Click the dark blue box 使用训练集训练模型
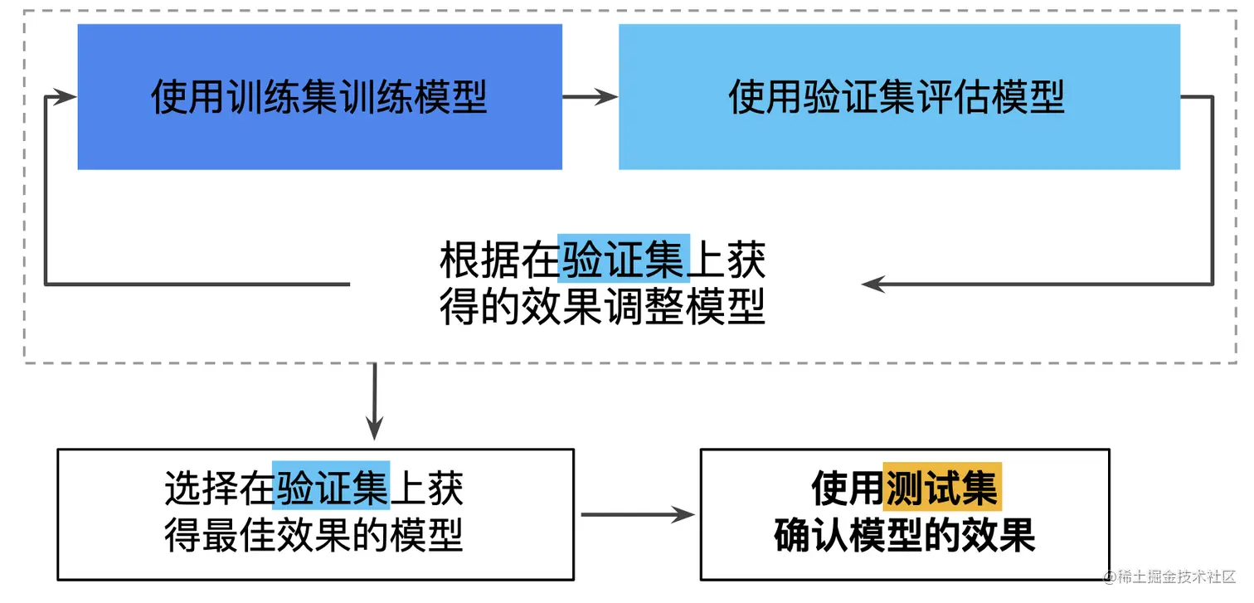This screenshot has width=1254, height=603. tap(319, 96)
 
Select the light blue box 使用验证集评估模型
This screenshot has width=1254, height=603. tap(899, 96)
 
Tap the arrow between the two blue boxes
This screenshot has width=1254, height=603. tap(590, 96)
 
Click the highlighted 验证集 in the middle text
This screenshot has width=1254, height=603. tap(624, 258)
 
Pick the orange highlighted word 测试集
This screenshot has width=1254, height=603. tap(942, 487)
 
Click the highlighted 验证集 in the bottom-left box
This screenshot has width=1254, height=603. tap(331, 485)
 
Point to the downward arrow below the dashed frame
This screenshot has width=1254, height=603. tap(375, 401)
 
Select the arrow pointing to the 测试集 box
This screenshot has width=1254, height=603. tap(638, 514)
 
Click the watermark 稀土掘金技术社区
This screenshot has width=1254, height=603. tap(1176, 576)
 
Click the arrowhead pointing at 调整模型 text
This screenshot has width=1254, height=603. tap(873, 284)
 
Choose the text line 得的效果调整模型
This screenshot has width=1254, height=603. tap(602, 306)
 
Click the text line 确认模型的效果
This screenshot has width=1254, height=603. tap(905, 535)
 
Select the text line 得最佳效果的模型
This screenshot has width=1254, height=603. tap(313, 535)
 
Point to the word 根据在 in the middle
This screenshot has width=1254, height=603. tap(498, 260)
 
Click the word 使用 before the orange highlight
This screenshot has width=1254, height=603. tap(847, 488)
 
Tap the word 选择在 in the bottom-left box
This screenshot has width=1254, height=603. tap(218, 487)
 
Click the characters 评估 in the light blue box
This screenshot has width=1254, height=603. tap(954, 97)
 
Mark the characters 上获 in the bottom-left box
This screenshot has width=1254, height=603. tap(426, 487)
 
